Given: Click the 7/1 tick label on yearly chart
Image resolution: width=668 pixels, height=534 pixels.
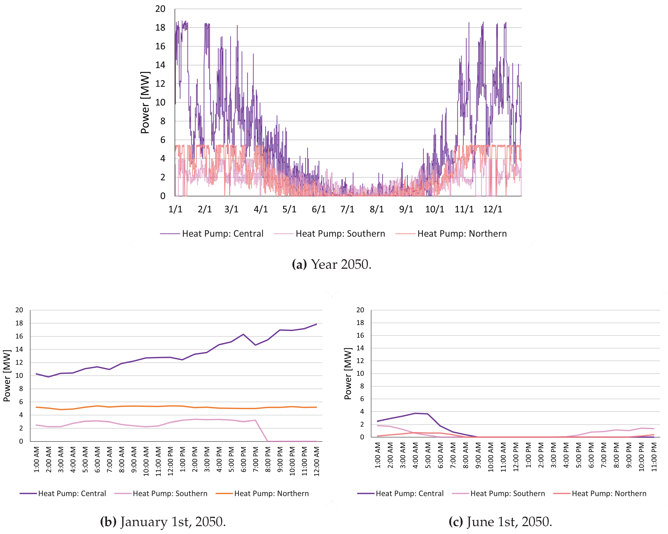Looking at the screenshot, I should click(x=347, y=209).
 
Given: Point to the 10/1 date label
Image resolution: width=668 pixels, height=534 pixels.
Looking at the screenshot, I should click(x=434, y=209).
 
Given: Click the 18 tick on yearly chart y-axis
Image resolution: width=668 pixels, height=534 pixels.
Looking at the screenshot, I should click(x=160, y=27).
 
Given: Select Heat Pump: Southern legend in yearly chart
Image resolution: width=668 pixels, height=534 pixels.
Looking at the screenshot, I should click(x=340, y=234).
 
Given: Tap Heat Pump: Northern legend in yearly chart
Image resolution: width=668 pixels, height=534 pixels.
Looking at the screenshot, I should click(x=462, y=234).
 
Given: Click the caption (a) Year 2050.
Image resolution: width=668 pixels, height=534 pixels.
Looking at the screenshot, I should click(x=331, y=264).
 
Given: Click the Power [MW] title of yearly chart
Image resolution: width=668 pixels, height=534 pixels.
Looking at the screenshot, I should click(x=145, y=102).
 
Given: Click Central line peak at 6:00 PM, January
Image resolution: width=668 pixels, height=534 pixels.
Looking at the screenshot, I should click(x=243, y=334).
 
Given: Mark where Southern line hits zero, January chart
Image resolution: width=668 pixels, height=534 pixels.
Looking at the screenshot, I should click(x=268, y=441).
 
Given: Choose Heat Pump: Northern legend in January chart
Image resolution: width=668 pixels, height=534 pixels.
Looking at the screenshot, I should click(x=271, y=494).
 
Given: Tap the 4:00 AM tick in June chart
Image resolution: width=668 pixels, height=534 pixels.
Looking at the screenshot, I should click(x=415, y=457).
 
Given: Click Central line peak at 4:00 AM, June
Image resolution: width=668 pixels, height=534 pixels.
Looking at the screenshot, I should click(x=415, y=413).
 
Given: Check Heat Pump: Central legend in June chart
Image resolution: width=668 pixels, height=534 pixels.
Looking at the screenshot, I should click(x=409, y=494).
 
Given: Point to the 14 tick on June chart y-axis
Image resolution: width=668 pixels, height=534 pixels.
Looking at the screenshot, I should click(x=360, y=348).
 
